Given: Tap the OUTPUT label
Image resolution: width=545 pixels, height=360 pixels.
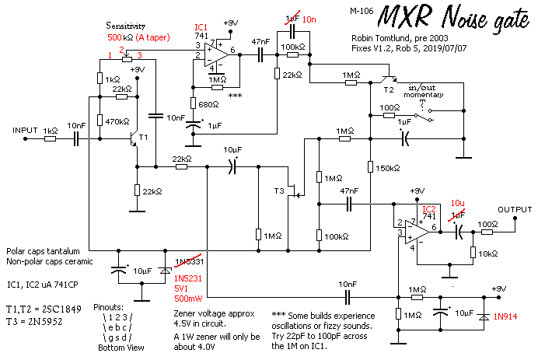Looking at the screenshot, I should point(515,209).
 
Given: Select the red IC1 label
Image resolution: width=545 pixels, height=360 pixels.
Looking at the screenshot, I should point(201,26).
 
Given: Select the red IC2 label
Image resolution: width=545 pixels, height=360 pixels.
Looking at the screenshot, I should point(428,209).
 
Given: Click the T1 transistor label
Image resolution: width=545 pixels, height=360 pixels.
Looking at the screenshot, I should point(142,138).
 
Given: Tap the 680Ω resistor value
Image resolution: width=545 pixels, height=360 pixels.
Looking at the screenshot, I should point(208,104).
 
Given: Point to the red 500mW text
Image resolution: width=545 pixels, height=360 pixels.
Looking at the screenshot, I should point(188,298).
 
